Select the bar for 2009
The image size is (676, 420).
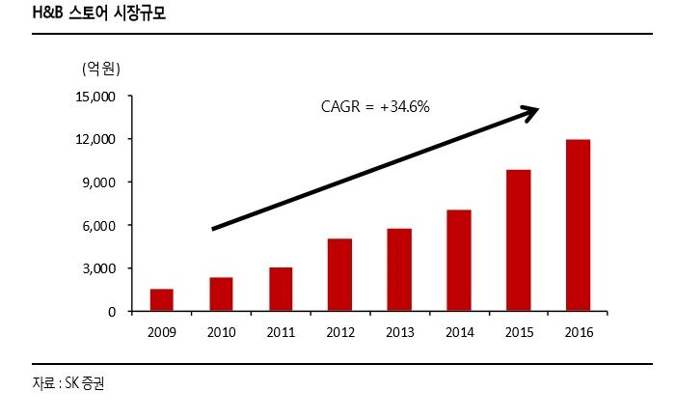point(161,300)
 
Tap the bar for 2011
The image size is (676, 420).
point(281,290)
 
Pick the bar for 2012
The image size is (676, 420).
point(339,275)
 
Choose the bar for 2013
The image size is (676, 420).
point(399,270)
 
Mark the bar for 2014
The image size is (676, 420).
point(459,261)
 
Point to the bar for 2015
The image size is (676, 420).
point(519,240)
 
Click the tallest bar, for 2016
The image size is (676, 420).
point(579,226)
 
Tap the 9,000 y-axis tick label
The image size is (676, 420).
point(97,182)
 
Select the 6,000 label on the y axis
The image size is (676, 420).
point(97,226)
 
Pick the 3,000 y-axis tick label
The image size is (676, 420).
point(97,268)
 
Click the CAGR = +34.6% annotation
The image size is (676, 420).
point(374,107)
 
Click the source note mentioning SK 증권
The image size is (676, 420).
point(68,383)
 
